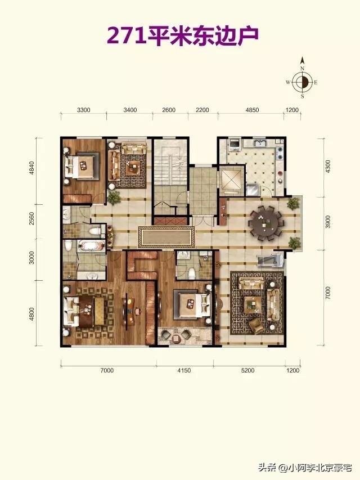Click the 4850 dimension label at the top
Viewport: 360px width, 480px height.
click(x=253, y=110)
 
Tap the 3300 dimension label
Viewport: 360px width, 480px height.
click(x=83, y=110)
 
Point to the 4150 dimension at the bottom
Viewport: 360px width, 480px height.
click(x=184, y=370)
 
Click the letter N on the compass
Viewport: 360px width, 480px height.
click(x=302, y=69)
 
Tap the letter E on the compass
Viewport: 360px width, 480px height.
click(x=316, y=82)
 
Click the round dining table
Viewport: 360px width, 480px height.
click(x=264, y=223)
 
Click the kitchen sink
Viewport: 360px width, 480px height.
click(x=261, y=143)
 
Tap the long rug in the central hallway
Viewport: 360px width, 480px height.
click(x=166, y=237)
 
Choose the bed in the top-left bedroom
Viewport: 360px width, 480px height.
click(x=81, y=166)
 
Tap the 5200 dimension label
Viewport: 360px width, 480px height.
click(x=247, y=370)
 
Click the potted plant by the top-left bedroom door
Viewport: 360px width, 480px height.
click(x=114, y=198)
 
